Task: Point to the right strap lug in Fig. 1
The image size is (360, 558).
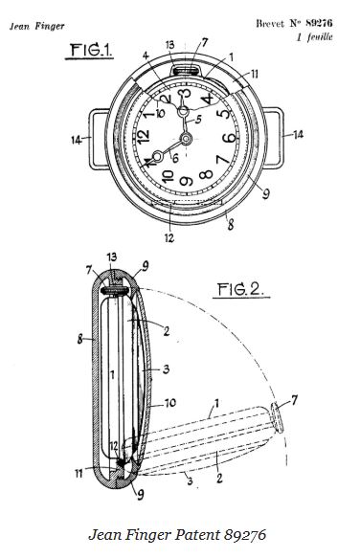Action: (278, 136)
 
